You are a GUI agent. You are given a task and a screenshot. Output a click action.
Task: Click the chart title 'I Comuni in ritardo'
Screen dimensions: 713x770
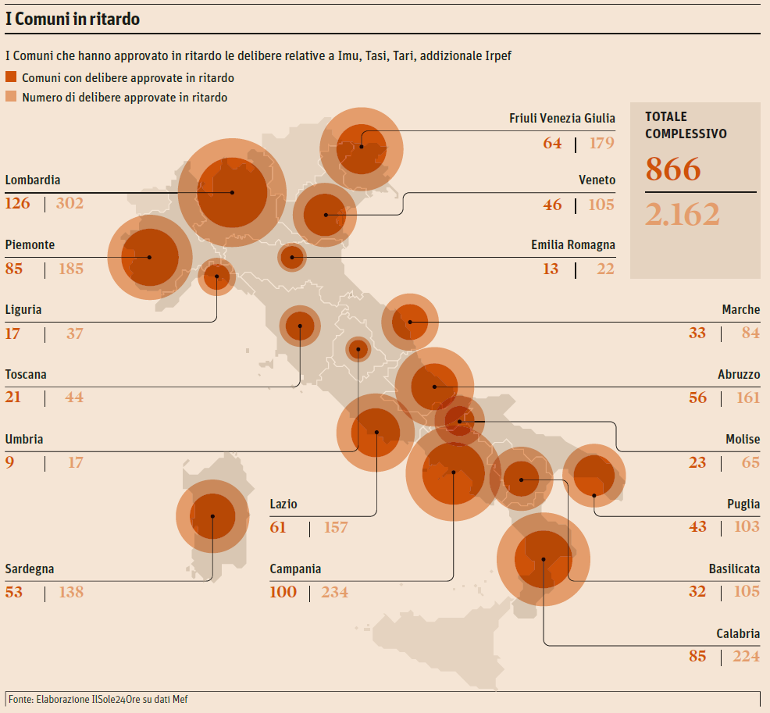click(x=73, y=20)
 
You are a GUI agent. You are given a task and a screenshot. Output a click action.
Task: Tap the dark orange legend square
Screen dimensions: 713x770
click(x=11, y=77)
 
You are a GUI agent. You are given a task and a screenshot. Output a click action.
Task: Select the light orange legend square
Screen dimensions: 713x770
click(x=11, y=97)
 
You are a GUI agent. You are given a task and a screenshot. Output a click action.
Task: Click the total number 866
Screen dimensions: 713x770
click(x=673, y=169)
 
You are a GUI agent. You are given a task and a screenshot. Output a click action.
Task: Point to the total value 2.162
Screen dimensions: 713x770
click(x=683, y=214)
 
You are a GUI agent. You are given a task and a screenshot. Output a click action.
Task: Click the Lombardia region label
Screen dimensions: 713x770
click(x=33, y=180)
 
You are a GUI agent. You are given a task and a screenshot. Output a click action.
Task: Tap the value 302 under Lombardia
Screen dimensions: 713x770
click(x=70, y=204)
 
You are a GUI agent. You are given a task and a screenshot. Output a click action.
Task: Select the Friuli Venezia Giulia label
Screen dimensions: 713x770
click(x=561, y=119)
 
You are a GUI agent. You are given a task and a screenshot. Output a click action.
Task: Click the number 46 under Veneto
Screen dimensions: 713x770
click(x=552, y=205)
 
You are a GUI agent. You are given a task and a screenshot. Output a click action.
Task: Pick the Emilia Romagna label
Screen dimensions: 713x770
click(x=572, y=245)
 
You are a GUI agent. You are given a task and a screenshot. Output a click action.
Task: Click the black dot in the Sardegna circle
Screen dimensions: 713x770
click(x=213, y=515)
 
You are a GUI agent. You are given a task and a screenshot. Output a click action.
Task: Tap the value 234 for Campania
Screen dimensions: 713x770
click(x=334, y=592)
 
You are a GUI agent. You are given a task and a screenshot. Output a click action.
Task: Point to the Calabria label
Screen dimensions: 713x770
click(x=737, y=634)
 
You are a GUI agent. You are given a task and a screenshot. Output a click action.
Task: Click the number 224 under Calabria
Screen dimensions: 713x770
click(x=746, y=656)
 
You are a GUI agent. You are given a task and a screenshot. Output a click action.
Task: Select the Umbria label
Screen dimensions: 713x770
click(x=24, y=440)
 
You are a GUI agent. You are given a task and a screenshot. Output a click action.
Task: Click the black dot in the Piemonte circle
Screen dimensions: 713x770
click(x=148, y=257)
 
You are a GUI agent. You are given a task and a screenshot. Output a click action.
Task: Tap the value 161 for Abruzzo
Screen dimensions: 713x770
click(x=747, y=397)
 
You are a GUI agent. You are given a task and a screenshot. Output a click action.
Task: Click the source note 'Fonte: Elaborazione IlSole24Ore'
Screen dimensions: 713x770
click(x=98, y=699)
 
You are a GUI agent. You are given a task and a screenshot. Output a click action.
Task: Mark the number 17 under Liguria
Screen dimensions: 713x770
click(x=12, y=333)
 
